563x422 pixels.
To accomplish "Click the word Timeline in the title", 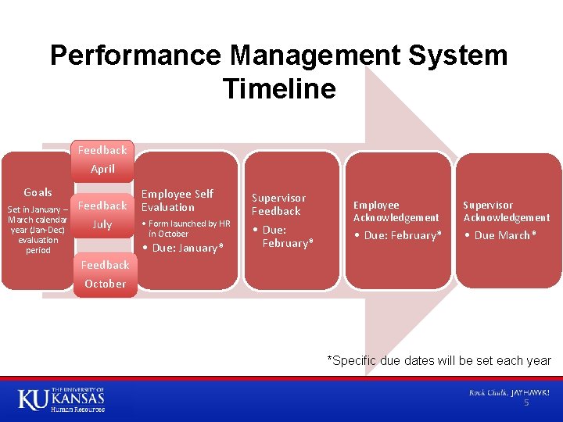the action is tap(279, 88).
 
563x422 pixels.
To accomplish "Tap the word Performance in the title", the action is tap(136, 55).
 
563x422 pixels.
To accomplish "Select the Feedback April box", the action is tap(102, 160).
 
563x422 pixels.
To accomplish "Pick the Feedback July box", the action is tap(102, 215).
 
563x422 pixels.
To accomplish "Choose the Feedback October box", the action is tap(106, 274).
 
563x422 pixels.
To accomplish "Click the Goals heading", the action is tap(38, 192).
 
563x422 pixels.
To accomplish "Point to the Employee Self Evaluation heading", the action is tap(178, 201).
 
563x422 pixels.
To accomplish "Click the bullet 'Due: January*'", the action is tap(184, 248).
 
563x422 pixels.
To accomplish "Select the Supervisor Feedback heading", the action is tap(278, 205).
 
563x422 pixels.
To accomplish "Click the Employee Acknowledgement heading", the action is tap(396, 211).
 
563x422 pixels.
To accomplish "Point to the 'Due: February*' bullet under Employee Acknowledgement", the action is tap(398, 235).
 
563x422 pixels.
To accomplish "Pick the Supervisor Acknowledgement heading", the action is tap(506, 211).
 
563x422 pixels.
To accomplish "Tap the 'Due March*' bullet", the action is tap(500, 235).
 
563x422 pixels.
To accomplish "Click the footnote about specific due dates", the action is tap(439, 360).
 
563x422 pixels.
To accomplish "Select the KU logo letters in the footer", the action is tap(33, 399).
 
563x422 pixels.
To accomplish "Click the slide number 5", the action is tap(526, 402).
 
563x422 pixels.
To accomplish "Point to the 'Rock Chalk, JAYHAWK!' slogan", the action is tap(509, 392).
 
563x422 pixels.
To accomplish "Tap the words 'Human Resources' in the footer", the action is tap(77, 409).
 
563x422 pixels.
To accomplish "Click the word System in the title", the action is tap(457, 55).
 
